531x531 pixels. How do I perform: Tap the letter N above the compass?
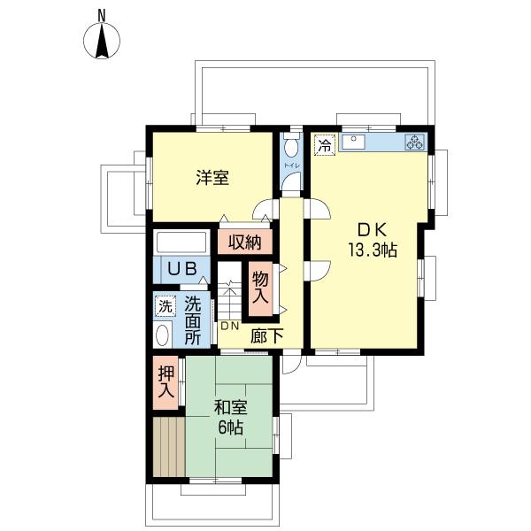(x=102, y=14)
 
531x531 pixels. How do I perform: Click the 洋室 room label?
(x=212, y=177)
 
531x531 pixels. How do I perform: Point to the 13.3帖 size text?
(x=372, y=250)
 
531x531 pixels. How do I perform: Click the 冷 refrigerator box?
(x=325, y=145)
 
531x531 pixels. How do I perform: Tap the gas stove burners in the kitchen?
(x=414, y=142)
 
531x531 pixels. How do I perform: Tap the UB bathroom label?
(x=182, y=268)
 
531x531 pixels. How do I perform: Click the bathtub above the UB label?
(x=181, y=242)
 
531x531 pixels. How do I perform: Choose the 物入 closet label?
(x=261, y=289)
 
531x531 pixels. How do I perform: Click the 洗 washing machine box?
(x=164, y=307)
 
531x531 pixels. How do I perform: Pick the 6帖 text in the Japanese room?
(x=230, y=427)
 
